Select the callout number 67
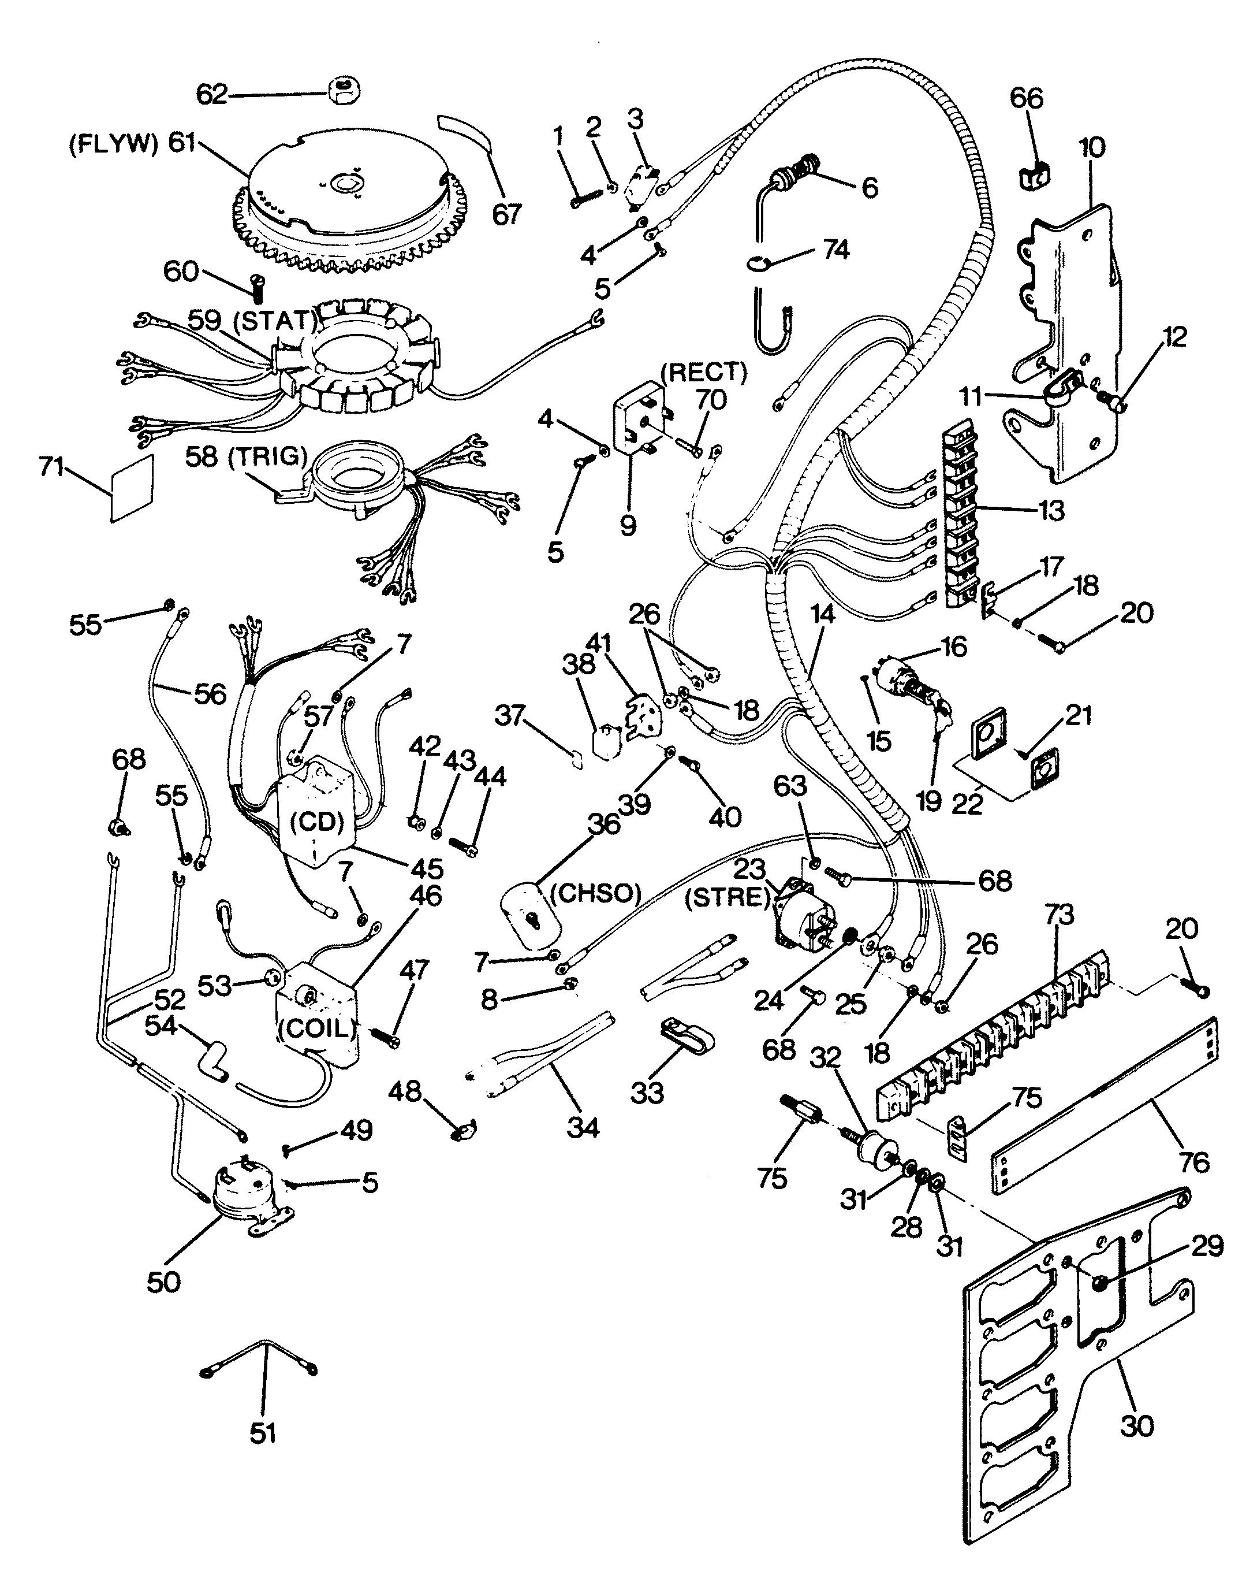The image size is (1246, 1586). coord(508,214)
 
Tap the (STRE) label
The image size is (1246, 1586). coord(728,897)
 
